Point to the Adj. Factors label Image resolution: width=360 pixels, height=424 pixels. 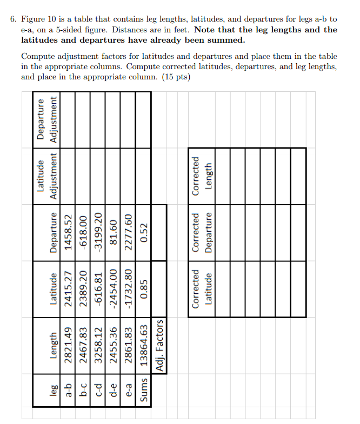tap(159, 346)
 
